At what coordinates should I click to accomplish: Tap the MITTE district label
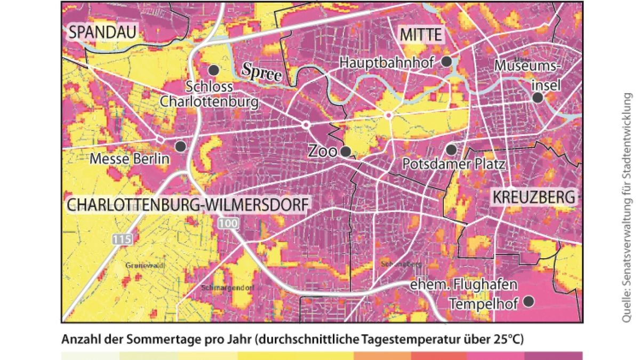pyautogui.click(x=421, y=36)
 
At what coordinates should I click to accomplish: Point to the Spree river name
pyautogui.click(x=261, y=71)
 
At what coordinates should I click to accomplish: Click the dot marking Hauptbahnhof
pyautogui.click(x=447, y=62)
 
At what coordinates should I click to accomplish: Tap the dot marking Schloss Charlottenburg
pyautogui.click(x=214, y=70)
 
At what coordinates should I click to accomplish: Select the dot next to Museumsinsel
pyautogui.click(x=538, y=98)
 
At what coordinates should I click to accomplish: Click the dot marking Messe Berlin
pyautogui.click(x=181, y=146)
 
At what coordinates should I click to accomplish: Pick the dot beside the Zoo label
pyautogui.click(x=346, y=151)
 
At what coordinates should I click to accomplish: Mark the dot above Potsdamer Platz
pyautogui.click(x=451, y=149)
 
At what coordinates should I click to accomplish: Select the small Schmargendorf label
pyautogui.click(x=227, y=287)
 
